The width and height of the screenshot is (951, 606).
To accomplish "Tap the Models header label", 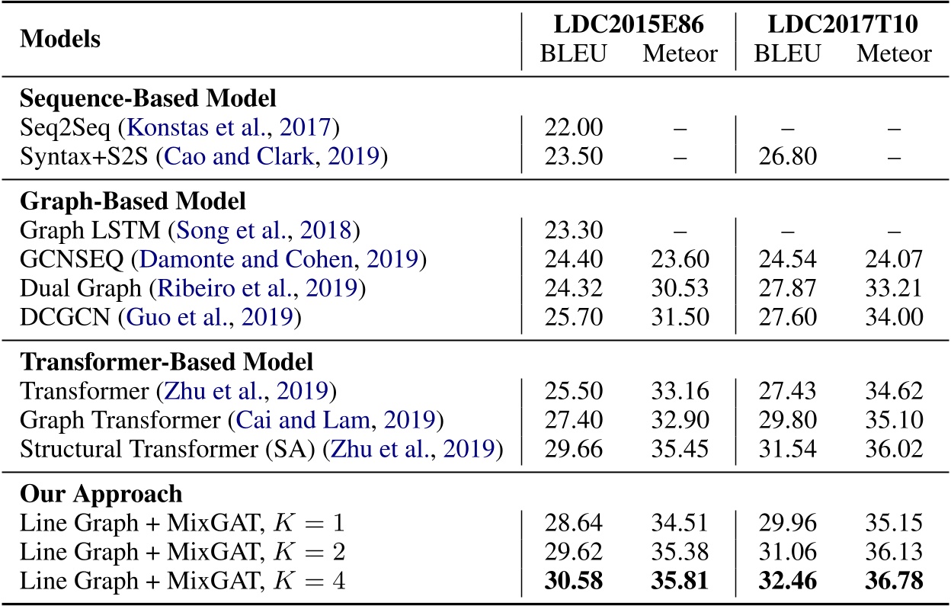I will pyautogui.click(x=59, y=39).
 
